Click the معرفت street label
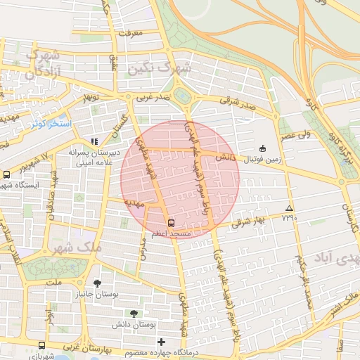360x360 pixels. [x=131, y=33]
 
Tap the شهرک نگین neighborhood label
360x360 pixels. [x=159, y=68]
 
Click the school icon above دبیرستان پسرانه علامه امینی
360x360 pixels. [x=94, y=142]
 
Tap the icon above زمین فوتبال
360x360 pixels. [x=263, y=148]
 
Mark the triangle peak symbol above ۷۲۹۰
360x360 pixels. [x=289, y=208]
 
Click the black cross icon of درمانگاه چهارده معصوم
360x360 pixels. [x=160, y=342]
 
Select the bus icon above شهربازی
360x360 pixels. [x=42, y=346]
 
